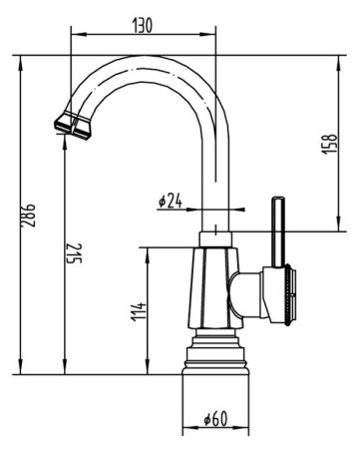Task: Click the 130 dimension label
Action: [143, 26]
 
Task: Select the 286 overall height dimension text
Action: [28, 216]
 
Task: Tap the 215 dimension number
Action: [74, 253]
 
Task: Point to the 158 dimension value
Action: [329, 144]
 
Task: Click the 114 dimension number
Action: [139, 311]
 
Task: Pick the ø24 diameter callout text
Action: [171, 201]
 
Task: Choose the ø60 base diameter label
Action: [216, 418]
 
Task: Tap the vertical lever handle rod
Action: [278, 232]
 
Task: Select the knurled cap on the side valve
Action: [289, 294]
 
